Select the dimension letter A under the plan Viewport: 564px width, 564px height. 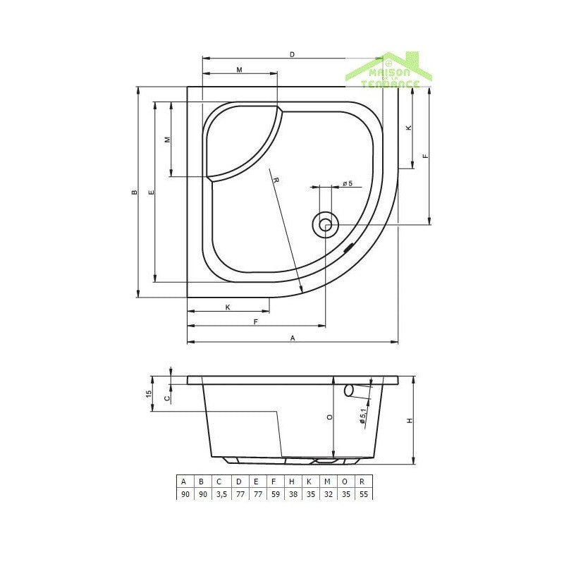click(x=293, y=338)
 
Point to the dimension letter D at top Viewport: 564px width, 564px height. click(x=292, y=54)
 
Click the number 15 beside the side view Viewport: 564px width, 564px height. click(x=149, y=394)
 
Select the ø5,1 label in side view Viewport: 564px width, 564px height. click(x=362, y=417)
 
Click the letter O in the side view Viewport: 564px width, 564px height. click(x=329, y=417)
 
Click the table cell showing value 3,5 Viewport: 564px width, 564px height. click(x=219, y=494)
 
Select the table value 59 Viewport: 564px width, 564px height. click(x=274, y=494)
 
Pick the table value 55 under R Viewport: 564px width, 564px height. click(x=362, y=494)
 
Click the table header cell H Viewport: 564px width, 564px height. click(x=291, y=482)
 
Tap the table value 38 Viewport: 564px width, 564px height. click(x=291, y=494)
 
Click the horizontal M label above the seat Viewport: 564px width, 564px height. click(x=239, y=70)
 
